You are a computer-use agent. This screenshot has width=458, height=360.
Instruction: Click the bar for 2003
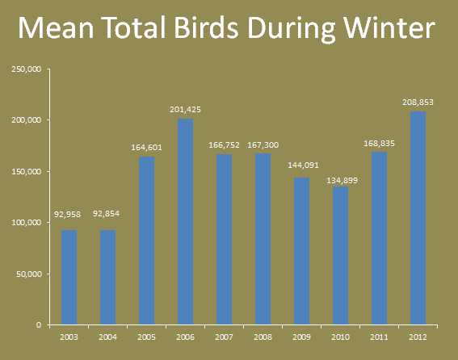coord(69,278)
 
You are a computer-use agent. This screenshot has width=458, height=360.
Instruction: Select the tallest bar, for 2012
coord(418,218)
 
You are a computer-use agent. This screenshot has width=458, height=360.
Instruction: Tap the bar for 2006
coord(186,222)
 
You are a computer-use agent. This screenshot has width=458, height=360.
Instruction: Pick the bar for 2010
coord(341,256)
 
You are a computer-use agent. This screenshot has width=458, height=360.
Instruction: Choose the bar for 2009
coord(302,251)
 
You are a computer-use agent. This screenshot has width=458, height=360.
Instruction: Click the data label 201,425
coord(186,110)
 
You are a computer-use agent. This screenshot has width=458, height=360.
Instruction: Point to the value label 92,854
coord(106,214)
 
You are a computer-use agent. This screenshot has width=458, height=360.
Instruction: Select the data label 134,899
coord(342,181)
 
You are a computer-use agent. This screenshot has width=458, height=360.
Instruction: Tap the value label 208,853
coord(418,103)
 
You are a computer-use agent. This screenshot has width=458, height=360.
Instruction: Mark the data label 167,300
coord(263,145)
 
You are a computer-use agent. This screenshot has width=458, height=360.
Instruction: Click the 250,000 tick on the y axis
coord(27,69)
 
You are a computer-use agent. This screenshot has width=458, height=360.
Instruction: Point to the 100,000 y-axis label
coord(27,223)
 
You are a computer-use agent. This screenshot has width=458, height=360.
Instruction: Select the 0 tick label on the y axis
coord(39,325)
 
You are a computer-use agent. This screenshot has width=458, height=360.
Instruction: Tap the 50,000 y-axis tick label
coord(28,274)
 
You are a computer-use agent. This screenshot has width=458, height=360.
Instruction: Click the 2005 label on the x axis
coord(147,337)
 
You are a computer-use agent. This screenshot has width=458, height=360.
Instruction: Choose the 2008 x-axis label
coord(263,337)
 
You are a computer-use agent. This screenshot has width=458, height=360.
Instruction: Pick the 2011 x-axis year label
coord(379,337)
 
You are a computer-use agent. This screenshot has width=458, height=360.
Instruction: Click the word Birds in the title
coord(207,27)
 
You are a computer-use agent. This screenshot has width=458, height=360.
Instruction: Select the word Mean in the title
coord(56,27)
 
